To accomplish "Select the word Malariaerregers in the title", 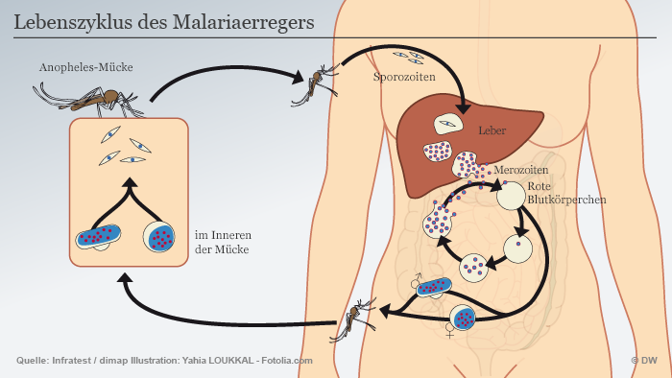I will click(249, 21).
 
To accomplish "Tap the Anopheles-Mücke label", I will click(85, 68).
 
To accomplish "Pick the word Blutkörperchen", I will click(566, 201).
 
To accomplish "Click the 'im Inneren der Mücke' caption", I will click(224, 242).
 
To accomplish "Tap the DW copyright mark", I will click(642, 360).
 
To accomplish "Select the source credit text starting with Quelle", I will click(164, 360).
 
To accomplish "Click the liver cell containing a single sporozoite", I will click(446, 125).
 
